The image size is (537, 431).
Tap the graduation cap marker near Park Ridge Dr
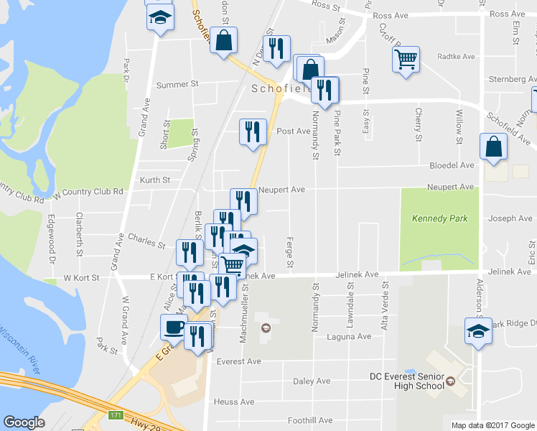pyautogui.click(x=478, y=331)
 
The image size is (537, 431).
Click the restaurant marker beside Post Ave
pyautogui.click(x=252, y=131)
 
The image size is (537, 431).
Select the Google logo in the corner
pyautogui.click(x=24, y=422)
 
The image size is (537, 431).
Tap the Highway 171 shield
pyautogui.click(x=116, y=415)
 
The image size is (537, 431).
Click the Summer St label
pyautogui.click(x=177, y=85)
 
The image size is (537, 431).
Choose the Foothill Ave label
pyautogui.click(x=310, y=420)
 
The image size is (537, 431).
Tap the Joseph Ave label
pyautogui.click(x=510, y=218)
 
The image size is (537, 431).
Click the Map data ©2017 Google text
pyautogui.click(x=492, y=425)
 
